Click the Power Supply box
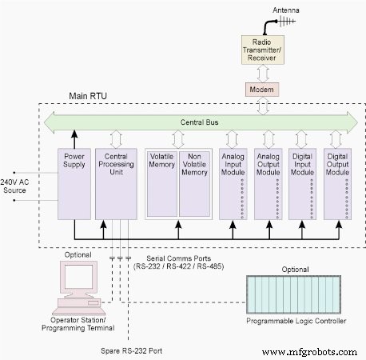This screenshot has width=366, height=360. [72, 182]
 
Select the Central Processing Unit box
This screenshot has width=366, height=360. [113, 182]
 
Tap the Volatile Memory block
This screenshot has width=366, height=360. [161, 182]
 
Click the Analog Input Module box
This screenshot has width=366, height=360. [235, 182]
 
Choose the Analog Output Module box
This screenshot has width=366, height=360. [269, 182]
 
